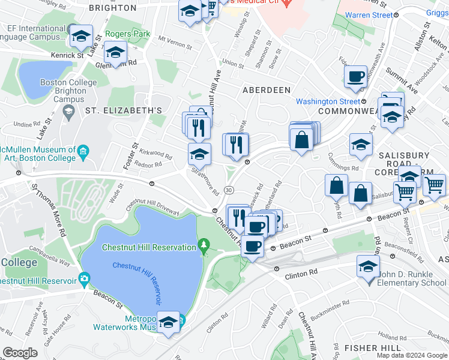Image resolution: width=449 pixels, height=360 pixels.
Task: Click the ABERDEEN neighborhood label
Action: tap(266, 90)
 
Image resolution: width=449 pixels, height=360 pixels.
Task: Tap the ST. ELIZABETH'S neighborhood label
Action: tap(123, 110)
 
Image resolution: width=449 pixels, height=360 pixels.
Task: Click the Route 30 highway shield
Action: tap(229, 190)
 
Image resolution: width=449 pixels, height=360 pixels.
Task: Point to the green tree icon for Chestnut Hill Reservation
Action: tap(204, 245)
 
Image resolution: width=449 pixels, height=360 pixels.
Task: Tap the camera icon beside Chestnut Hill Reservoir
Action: tap(83, 279)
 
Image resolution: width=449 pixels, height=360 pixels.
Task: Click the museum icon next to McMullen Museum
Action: tap(83, 149)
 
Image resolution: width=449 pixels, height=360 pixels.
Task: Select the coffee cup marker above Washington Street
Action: tap(355, 77)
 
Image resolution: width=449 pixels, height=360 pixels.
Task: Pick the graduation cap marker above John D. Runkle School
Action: tap(368, 266)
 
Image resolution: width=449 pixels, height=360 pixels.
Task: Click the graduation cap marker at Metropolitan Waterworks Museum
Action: tap(169, 323)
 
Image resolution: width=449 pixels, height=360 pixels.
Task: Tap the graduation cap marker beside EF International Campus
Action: tap(80, 37)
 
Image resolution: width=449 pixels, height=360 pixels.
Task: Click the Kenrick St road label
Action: tap(68, 56)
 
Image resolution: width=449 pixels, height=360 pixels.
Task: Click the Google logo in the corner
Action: tap(20, 353)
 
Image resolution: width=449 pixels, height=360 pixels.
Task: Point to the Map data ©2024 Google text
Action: tap(411, 355)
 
